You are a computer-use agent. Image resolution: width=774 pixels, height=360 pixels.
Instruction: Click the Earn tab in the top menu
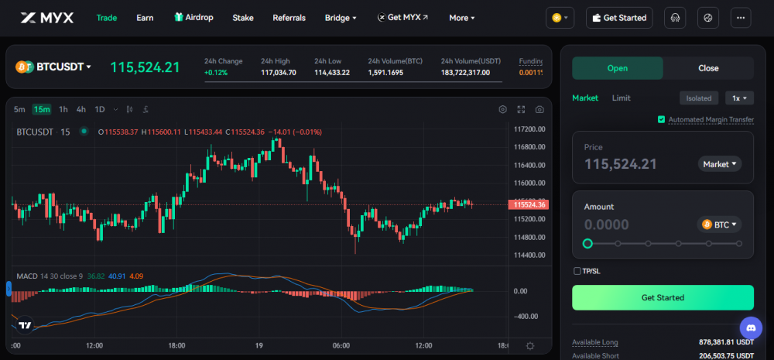click(x=145, y=18)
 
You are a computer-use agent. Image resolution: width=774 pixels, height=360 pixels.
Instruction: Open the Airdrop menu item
click(x=193, y=17)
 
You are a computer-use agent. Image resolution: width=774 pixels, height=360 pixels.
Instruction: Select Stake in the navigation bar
click(x=243, y=18)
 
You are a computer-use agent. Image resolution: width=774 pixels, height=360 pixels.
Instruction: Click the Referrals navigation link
click(x=289, y=18)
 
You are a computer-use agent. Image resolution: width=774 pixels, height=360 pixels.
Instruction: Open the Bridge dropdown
click(x=340, y=18)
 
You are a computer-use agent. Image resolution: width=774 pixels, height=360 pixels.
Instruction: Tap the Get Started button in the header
click(x=619, y=18)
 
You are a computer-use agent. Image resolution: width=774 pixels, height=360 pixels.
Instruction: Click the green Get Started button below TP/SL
click(x=663, y=297)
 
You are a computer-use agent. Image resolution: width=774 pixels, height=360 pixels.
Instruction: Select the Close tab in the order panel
click(x=708, y=68)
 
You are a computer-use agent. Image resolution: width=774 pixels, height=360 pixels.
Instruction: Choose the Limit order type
click(x=621, y=98)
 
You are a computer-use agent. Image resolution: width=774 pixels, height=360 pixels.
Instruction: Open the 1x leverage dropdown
click(x=739, y=98)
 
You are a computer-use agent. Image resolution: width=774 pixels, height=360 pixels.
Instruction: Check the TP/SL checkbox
click(x=577, y=271)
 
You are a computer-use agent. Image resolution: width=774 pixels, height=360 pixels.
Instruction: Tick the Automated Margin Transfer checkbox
click(x=662, y=119)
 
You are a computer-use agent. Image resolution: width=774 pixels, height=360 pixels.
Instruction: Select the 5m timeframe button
click(x=19, y=109)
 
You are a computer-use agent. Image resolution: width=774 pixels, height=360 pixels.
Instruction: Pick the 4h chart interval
click(x=81, y=109)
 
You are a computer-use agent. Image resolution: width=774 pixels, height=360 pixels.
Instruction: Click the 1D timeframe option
click(x=100, y=109)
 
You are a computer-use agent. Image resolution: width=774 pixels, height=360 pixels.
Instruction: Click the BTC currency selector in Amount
click(x=719, y=225)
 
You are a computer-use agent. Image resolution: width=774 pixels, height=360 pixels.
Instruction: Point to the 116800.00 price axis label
click(x=529, y=147)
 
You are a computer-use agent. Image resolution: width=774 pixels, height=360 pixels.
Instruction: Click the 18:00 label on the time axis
click(x=176, y=345)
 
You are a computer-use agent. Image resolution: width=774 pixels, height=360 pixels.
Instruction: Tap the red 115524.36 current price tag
click(x=528, y=204)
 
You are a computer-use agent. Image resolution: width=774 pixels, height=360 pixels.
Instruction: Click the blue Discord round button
click(x=752, y=328)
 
